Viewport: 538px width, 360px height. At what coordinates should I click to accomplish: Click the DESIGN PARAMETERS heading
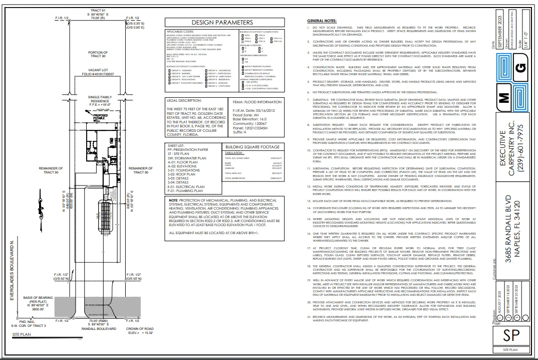click(x=222, y=23)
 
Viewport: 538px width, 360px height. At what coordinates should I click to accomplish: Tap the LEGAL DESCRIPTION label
click(x=185, y=100)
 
